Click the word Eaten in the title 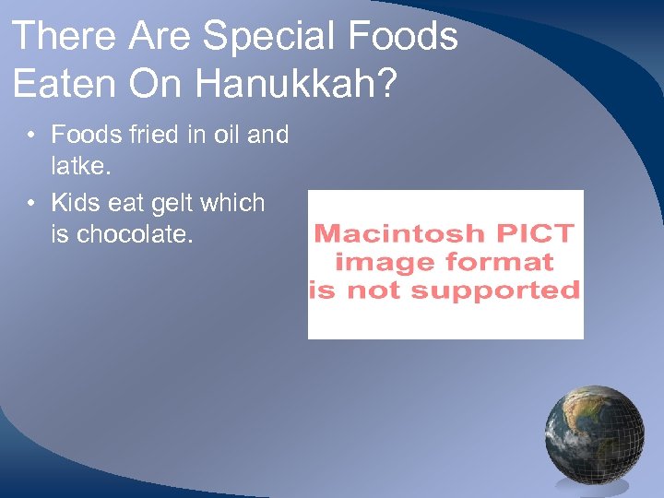pos(65,84)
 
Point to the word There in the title pos(65,37)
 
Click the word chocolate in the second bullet pos(133,234)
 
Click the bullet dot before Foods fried pos(31,136)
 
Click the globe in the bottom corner pos(594,435)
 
